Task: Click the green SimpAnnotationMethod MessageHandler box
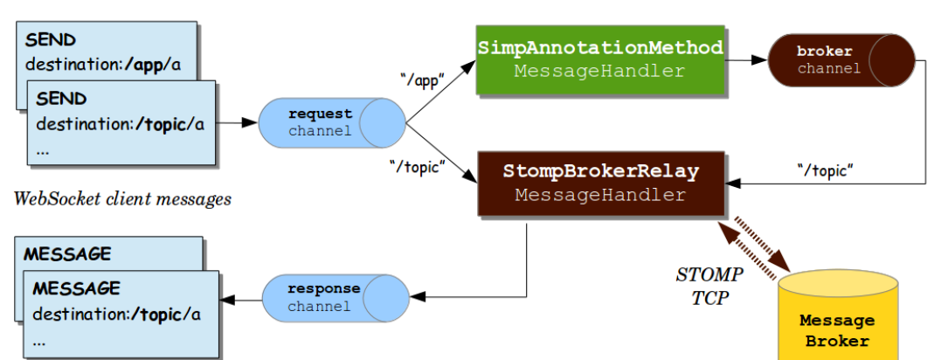[599, 59]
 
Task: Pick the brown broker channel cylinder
[840, 60]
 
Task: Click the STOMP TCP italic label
[710, 286]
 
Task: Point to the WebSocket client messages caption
[122, 199]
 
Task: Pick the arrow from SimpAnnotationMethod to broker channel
[745, 60]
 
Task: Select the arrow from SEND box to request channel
[237, 123]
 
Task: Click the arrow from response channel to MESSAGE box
[241, 298]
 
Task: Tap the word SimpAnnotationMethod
[600, 47]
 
